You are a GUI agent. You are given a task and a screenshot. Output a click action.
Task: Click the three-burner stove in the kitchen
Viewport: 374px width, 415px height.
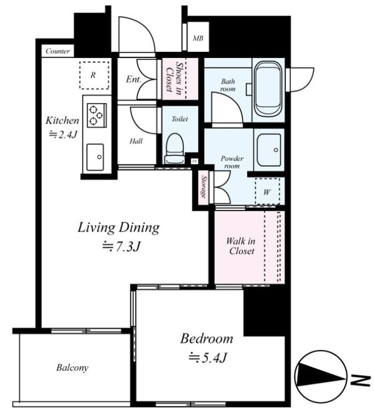tap(97, 116)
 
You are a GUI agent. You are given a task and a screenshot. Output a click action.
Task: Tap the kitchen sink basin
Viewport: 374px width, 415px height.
tap(95, 157)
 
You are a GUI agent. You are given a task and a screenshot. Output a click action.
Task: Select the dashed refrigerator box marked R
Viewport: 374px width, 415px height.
tap(94, 76)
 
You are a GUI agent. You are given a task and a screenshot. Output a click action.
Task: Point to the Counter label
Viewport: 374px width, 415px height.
tap(58, 51)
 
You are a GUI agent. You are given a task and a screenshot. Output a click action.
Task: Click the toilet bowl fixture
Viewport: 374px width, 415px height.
tap(175, 149)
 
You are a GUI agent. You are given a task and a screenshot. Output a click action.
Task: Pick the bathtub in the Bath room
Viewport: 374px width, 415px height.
tap(268, 89)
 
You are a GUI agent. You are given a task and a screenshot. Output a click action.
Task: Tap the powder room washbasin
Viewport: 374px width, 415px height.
tap(269, 150)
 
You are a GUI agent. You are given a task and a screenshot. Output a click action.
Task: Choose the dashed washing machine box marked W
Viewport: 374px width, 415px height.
tap(267, 191)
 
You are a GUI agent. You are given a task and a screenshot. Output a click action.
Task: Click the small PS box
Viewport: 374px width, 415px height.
tap(195, 161)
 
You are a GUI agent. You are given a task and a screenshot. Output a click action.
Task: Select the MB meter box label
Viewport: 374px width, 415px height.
tap(198, 38)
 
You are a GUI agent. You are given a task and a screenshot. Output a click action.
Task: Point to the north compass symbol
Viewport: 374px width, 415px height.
tap(321, 376)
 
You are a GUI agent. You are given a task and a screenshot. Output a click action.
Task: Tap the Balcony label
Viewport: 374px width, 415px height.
tap(72, 367)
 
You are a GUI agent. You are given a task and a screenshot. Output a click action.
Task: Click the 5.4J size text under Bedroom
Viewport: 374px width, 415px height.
tap(208, 358)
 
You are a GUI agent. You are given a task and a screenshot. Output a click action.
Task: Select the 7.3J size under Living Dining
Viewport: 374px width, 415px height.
tap(121, 247)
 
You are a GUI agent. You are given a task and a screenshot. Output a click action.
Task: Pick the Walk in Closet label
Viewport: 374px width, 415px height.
tap(241, 246)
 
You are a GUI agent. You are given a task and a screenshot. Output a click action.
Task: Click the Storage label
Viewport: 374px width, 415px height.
tap(204, 187)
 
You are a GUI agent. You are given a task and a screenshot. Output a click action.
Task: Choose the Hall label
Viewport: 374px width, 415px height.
tap(136, 141)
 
